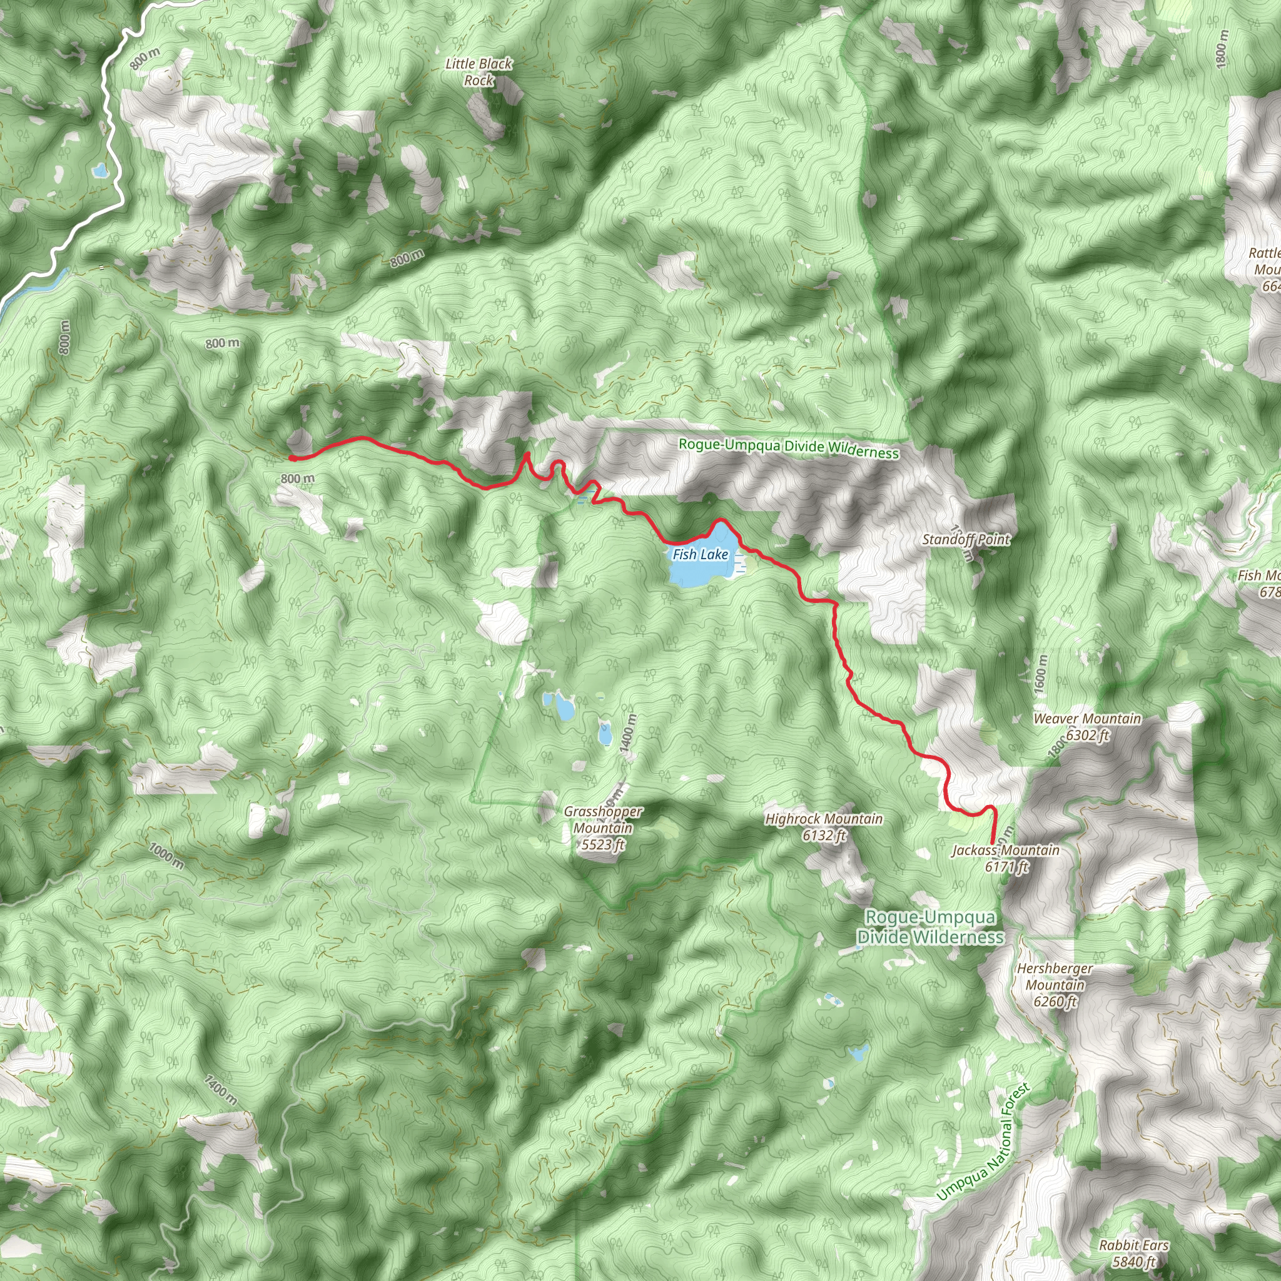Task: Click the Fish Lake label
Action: point(700,554)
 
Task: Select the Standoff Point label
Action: point(965,540)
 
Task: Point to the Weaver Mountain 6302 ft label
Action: point(1087,727)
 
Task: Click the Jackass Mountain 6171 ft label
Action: point(1005,858)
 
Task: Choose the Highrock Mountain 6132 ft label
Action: point(824,827)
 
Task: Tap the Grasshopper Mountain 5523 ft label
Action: point(603,828)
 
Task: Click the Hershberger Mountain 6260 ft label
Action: point(1055,985)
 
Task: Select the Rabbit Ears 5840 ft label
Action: point(1134,1252)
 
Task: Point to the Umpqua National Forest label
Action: point(983,1142)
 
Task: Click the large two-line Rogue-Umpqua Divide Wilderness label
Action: point(929,927)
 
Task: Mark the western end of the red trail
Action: point(291,457)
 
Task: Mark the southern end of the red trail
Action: point(992,843)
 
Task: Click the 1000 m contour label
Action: point(166,855)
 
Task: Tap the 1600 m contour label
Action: point(1041,674)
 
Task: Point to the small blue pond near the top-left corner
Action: point(100,171)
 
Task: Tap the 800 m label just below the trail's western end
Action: point(297,478)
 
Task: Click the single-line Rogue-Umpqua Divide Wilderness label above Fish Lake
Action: point(788,448)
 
